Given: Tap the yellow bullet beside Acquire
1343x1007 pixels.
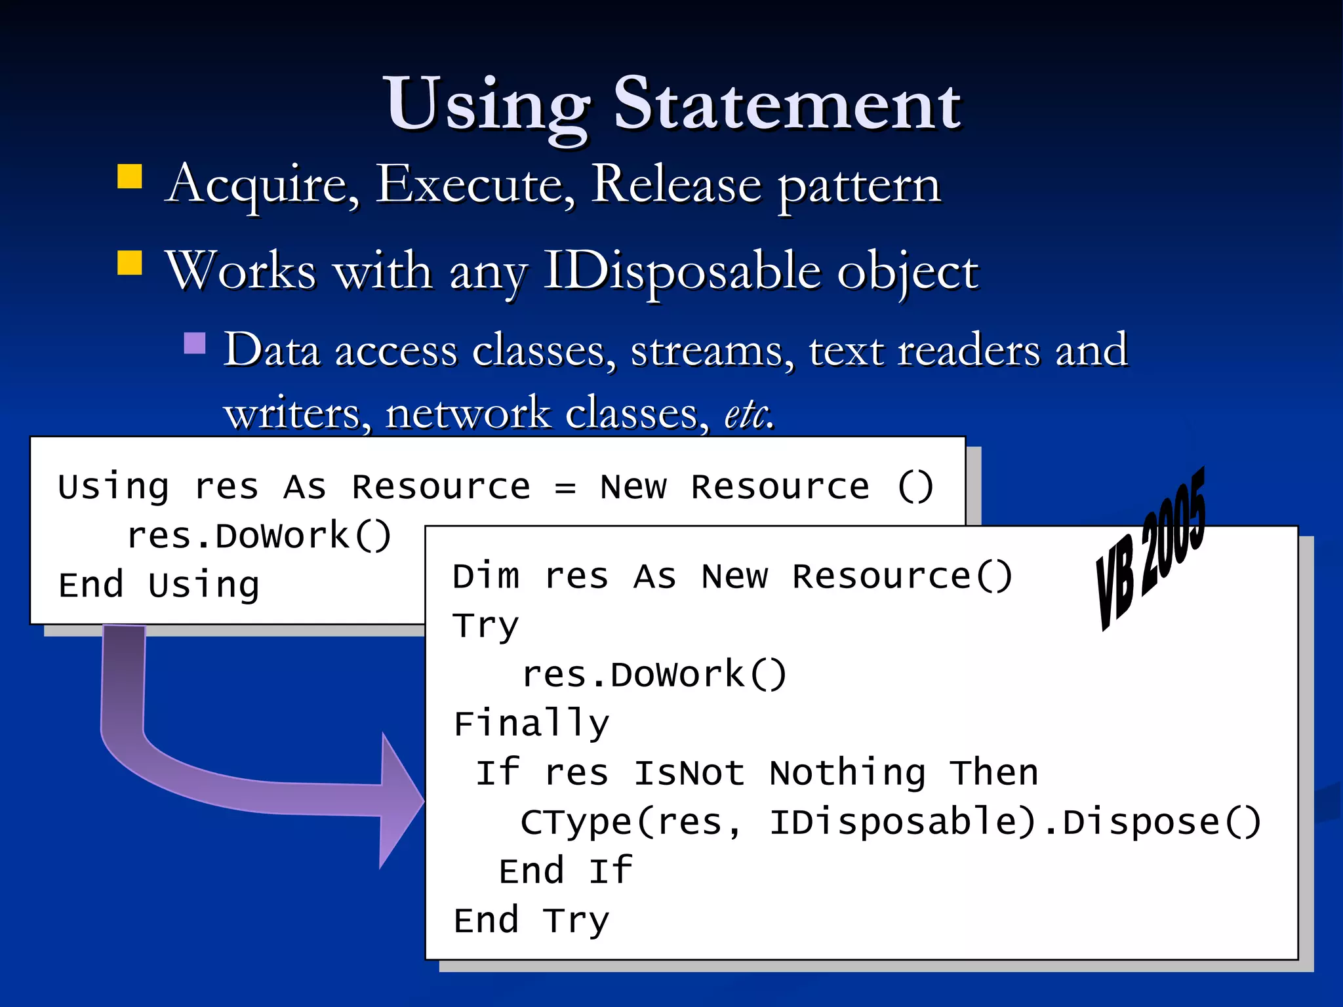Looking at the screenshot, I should (x=130, y=176).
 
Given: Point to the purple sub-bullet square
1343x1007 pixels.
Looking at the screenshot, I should (x=195, y=343).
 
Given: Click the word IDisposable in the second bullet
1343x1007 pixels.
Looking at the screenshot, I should (x=682, y=271).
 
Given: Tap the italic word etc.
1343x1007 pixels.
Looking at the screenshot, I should (x=749, y=414).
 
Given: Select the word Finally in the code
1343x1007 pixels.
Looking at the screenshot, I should (x=531, y=724).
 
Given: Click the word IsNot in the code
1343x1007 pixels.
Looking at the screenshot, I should (x=689, y=773).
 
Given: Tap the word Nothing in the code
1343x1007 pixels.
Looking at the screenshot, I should (x=847, y=773).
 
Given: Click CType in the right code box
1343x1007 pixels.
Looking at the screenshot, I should (x=576, y=822).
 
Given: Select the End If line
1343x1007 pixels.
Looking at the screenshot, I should (x=565, y=871).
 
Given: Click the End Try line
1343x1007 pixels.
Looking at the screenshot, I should (x=531, y=920).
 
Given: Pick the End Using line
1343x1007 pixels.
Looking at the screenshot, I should (x=159, y=585).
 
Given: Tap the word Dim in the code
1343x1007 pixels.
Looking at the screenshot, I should (x=486, y=577).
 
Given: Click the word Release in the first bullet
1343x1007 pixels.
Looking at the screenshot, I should (x=676, y=185).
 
